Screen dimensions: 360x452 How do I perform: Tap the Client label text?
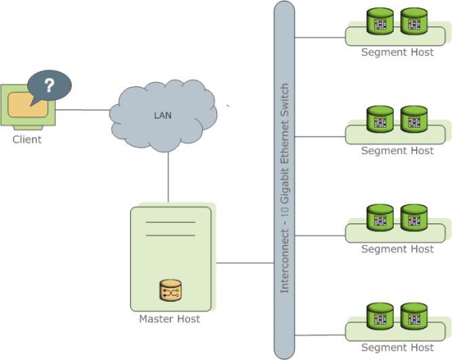26,140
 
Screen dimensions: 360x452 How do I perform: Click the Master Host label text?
169,319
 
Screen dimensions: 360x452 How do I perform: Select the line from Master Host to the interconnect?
244,262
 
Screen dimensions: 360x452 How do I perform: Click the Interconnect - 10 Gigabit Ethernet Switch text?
284,187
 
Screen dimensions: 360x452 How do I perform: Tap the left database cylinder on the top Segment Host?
380,22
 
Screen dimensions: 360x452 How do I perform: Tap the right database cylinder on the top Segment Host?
414,22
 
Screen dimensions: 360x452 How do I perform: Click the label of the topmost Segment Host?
397,53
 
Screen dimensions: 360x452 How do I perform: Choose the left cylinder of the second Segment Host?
380,119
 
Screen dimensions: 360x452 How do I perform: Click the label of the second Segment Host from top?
397,151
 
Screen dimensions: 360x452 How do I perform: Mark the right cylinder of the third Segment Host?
414,218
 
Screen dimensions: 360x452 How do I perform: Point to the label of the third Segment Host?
397,249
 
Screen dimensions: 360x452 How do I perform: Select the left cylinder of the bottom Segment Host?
380,315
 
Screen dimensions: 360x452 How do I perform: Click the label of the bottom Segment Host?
397,347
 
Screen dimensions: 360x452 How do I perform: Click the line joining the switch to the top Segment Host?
320,37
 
